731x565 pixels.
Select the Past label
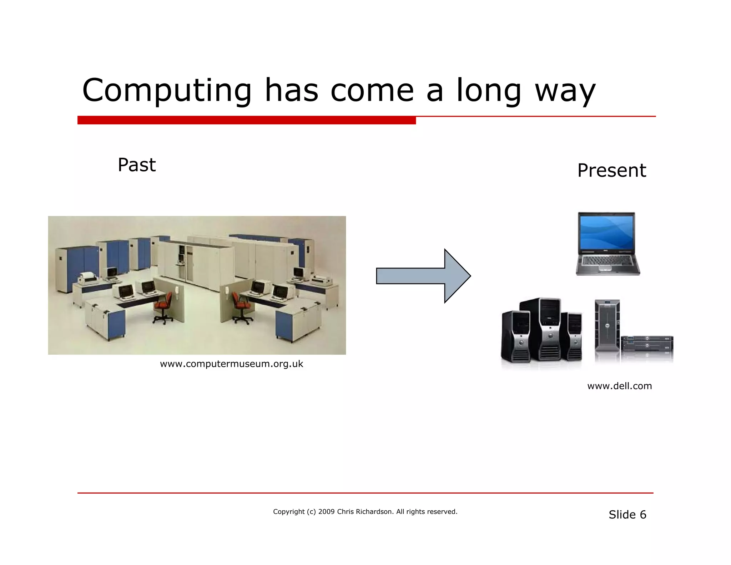pyautogui.click(x=137, y=165)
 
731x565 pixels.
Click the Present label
pyautogui.click(x=611, y=170)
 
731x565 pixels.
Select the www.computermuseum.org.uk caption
pyautogui.click(x=231, y=364)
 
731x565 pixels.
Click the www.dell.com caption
pyautogui.click(x=619, y=386)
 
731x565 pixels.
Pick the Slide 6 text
pyautogui.click(x=627, y=515)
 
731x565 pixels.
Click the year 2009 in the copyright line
pyautogui.click(x=326, y=512)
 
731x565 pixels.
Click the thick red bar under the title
pyautogui.click(x=246, y=120)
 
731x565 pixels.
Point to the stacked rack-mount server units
pyautogui.click(x=647, y=344)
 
